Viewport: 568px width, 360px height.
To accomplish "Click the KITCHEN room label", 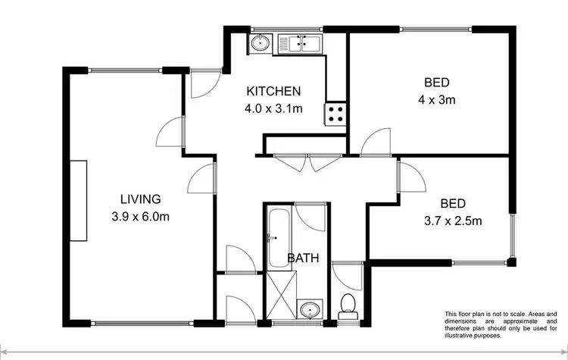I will click(274, 91).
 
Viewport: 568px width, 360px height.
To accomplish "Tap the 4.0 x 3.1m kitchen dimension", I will click(274, 108).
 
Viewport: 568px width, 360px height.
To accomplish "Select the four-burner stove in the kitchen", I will click(336, 114).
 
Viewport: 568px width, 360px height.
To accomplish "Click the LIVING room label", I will click(141, 200).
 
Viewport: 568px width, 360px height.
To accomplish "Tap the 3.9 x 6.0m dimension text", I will click(141, 218).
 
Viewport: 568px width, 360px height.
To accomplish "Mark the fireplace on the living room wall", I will click(79, 201).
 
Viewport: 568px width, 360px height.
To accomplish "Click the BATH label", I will click(302, 258).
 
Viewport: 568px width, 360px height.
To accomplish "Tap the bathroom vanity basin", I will click(309, 309).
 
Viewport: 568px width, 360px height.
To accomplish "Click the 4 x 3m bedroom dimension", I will click(428, 99).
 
